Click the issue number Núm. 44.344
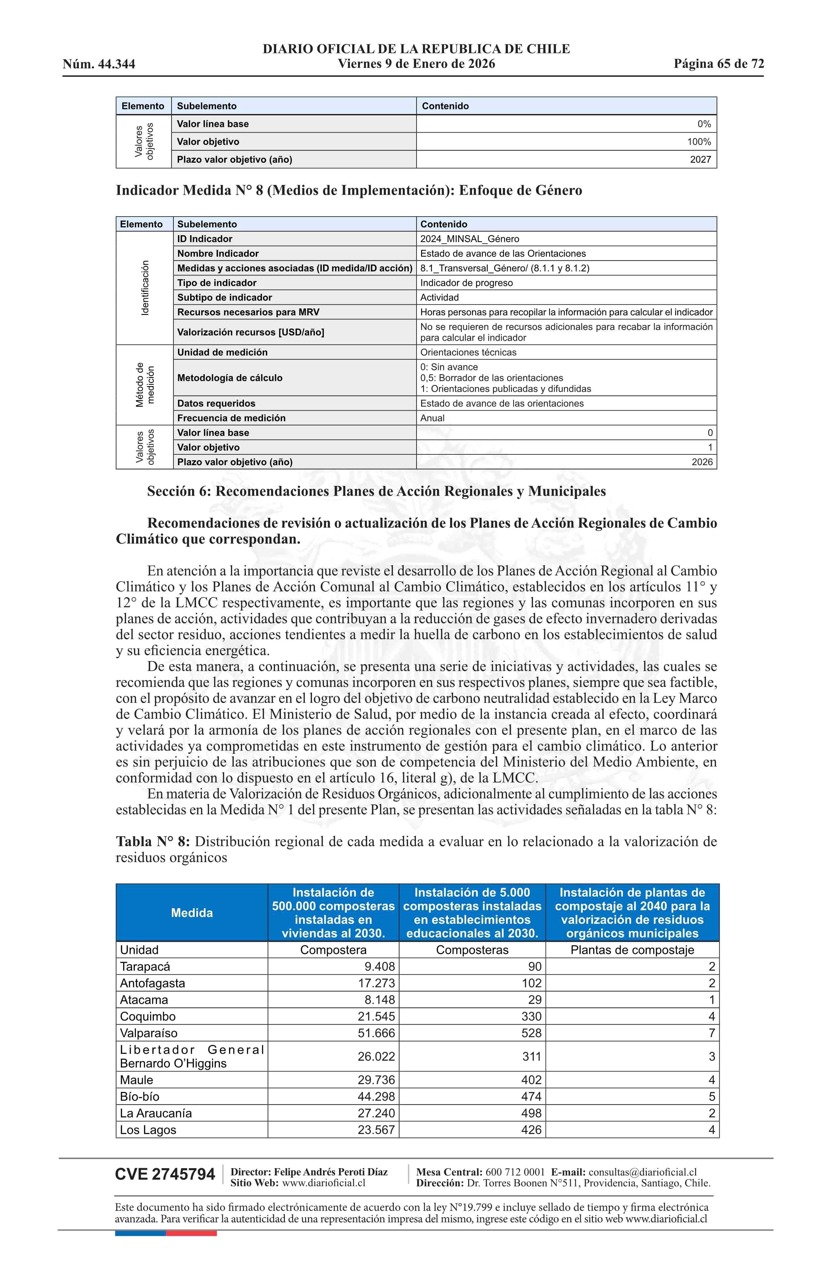(x=99, y=64)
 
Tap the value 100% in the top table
(x=699, y=142)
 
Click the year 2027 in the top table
(x=700, y=159)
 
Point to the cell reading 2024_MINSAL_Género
(x=469, y=239)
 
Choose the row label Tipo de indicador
(x=217, y=283)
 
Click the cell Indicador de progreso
(x=466, y=283)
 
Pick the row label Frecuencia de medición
(x=231, y=418)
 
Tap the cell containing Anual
(x=433, y=418)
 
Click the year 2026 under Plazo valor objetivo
(x=702, y=462)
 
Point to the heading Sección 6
(x=376, y=491)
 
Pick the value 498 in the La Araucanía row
(x=531, y=1113)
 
